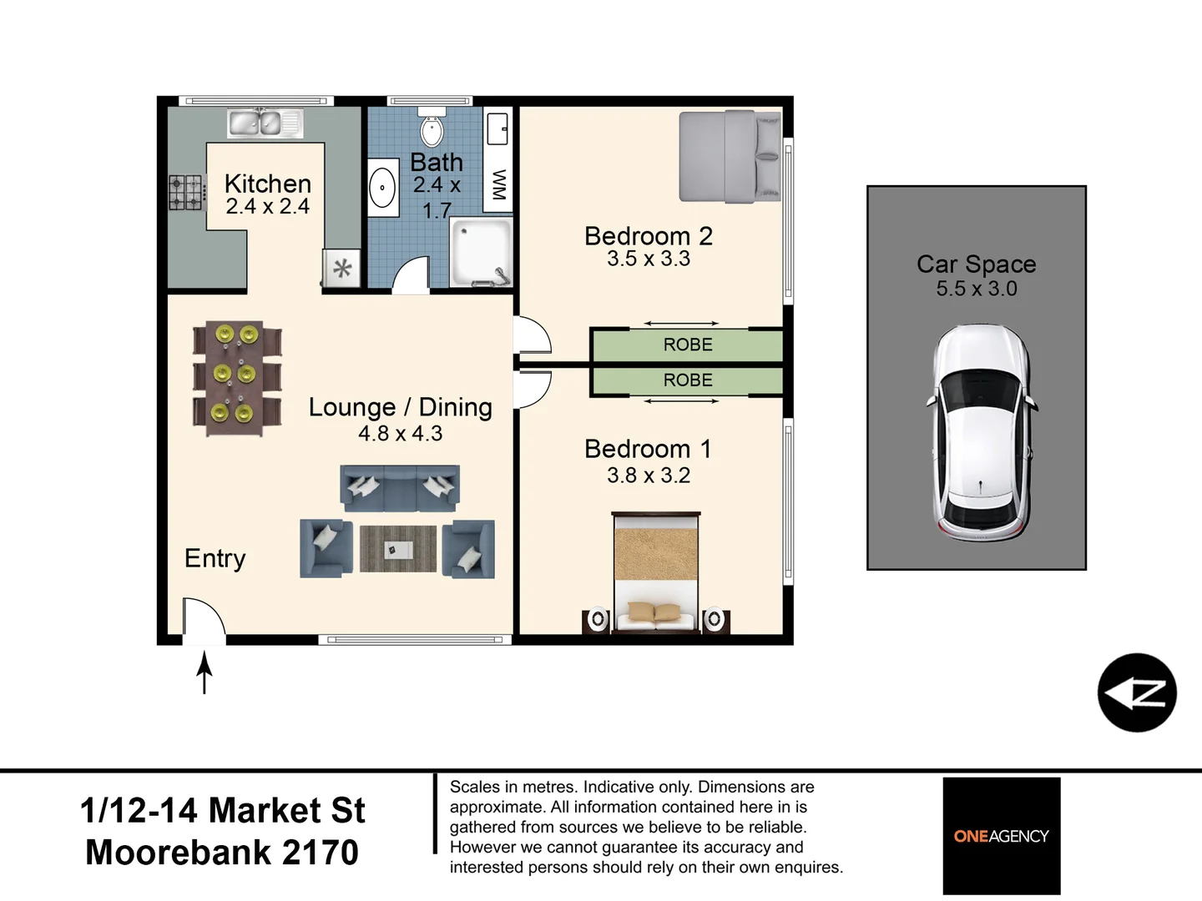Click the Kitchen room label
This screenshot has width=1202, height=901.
click(x=267, y=184)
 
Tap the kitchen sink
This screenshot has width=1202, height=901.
click(x=265, y=123)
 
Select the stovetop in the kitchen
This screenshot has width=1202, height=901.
click(x=187, y=192)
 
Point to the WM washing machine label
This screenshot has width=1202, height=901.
click(x=498, y=184)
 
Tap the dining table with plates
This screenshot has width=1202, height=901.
click(x=237, y=378)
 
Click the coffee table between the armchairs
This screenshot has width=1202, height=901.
click(x=398, y=549)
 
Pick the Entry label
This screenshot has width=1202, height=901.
click(x=215, y=558)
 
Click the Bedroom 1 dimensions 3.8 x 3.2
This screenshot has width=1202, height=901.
click(x=649, y=476)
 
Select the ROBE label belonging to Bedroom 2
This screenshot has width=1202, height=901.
click(x=687, y=345)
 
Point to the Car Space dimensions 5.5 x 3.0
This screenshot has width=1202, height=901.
click(x=976, y=289)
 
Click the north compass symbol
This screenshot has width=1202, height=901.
click(x=1137, y=692)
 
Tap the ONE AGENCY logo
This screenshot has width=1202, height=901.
click(x=1001, y=836)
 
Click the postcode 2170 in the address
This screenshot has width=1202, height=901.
click(x=320, y=853)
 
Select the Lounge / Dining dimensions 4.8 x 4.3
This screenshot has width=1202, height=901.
click(x=400, y=434)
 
